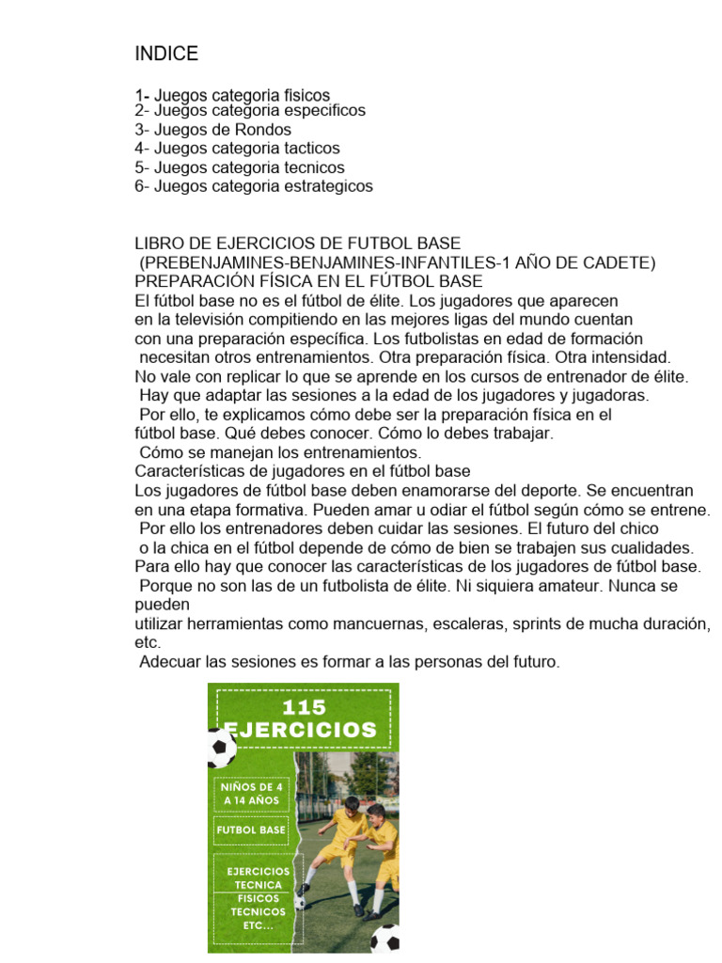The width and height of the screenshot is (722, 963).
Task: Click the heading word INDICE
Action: [x=166, y=54]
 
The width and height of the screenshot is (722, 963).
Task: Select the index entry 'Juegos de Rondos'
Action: [x=223, y=130]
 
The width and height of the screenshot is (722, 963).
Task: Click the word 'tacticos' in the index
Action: [x=311, y=149]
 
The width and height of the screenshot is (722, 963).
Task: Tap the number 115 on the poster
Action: [x=303, y=707]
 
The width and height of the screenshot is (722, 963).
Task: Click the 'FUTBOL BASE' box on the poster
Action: [x=251, y=830]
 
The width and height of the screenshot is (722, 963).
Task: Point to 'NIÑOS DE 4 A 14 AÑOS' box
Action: [x=251, y=792]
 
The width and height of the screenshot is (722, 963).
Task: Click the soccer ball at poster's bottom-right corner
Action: [x=385, y=938]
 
